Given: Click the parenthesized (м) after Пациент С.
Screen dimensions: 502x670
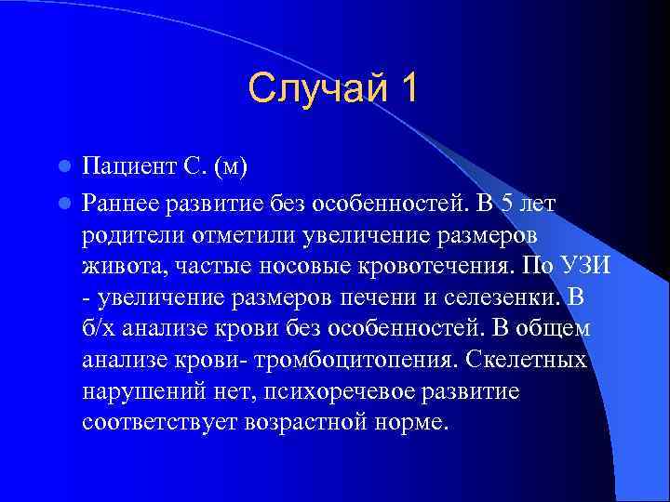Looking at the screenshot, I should tap(229, 168).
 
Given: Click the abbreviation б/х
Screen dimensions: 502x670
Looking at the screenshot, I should tap(100, 328).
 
